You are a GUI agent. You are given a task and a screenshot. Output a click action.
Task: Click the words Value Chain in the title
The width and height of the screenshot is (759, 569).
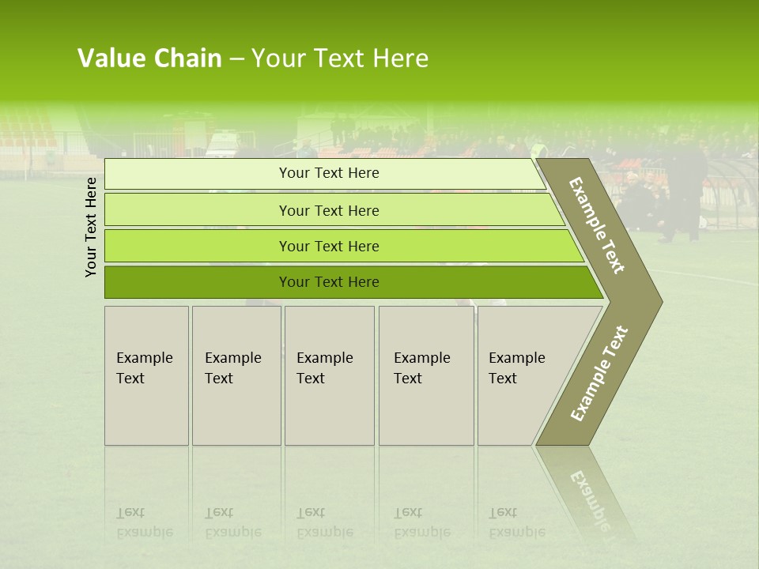click(149, 58)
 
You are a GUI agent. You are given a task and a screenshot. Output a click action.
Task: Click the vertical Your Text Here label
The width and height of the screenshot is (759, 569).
click(92, 227)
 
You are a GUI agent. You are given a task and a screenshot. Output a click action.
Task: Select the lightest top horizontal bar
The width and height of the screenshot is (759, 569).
click(198, 174)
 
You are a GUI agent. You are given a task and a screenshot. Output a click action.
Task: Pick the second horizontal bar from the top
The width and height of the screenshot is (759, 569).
click(198, 210)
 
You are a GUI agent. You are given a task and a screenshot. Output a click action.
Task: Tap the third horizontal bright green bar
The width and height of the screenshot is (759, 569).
click(198, 247)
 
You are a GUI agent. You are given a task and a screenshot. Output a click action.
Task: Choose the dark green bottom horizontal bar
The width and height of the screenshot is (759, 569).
click(198, 282)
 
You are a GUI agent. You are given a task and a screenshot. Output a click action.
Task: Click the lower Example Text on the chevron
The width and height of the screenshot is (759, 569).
click(599, 374)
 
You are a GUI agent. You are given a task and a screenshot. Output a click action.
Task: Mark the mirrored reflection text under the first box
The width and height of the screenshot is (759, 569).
click(144, 523)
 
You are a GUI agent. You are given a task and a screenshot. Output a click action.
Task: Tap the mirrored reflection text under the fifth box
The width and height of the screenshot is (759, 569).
click(516, 523)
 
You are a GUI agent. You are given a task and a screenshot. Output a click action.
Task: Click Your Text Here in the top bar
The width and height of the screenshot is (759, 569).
click(329, 173)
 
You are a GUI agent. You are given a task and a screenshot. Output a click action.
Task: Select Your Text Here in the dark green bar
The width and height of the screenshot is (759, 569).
click(329, 282)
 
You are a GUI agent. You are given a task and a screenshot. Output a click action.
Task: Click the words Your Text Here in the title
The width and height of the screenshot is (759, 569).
click(340, 58)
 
